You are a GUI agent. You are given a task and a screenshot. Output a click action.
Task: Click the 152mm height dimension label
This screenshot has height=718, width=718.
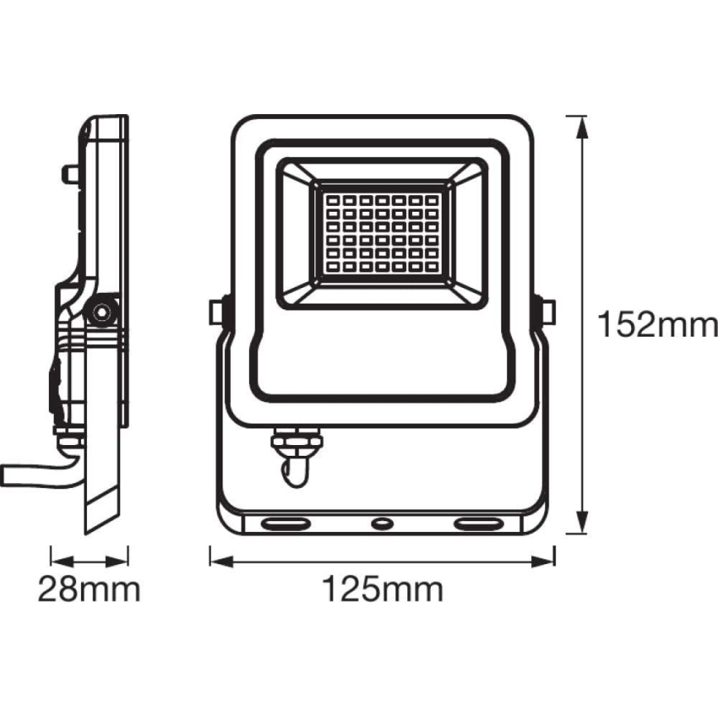[x=658, y=324]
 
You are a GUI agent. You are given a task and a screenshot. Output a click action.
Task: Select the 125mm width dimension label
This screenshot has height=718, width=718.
[x=383, y=589]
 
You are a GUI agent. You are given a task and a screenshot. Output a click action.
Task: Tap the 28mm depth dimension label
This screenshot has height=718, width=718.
[x=89, y=589]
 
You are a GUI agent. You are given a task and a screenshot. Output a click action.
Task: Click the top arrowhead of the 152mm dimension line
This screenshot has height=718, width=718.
[x=582, y=127]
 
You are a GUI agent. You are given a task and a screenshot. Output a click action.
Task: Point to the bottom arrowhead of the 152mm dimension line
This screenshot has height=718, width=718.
[x=582, y=523]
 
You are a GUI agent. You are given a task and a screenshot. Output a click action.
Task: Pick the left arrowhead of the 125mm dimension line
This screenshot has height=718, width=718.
[x=222, y=562]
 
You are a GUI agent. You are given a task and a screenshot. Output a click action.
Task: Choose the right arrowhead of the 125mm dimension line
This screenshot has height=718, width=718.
[x=543, y=562]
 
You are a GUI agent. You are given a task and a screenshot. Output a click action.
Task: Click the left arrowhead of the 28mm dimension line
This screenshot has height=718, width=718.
[x=62, y=562]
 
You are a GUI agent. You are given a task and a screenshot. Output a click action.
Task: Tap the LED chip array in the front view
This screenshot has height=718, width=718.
[x=382, y=233]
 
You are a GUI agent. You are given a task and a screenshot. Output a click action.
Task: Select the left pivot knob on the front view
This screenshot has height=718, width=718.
[x=219, y=313]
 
